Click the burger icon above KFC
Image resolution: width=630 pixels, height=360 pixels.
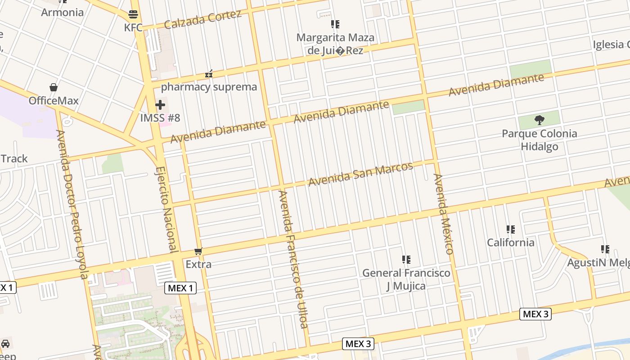pos(133,14)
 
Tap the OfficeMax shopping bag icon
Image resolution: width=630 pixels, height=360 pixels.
pos(54,87)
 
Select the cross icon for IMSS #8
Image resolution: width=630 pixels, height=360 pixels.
pos(160,105)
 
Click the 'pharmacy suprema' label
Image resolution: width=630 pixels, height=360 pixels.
pos(209,87)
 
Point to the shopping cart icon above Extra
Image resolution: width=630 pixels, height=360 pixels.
pos(198,251)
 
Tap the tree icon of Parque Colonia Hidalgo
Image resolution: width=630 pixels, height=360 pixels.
pos(539,120)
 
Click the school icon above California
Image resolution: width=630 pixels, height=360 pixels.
pos(510,229)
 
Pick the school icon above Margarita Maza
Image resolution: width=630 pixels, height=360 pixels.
pos(335,24)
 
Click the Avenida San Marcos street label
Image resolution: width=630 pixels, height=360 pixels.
pos(360,174)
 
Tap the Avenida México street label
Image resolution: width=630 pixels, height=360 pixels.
pos(443,214)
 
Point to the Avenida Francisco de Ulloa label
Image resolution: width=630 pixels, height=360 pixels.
pos(293,259)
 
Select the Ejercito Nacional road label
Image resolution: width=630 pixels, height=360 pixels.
pos(166,209)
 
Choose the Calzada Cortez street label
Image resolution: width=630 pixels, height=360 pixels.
pos(202,19)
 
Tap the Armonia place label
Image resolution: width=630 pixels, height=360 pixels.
pos(62,12)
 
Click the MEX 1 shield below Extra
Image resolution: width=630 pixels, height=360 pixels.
pos(181,288)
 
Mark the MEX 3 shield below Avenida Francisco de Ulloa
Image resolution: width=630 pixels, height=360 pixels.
pos(358,344)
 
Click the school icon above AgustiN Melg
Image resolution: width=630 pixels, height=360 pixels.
pos(605,249)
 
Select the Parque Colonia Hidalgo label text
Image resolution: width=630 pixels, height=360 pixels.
pos(539,140)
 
